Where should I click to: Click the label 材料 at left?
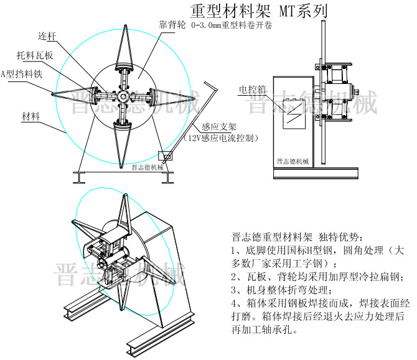coord(32,116)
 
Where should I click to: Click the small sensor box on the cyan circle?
coord(166,156)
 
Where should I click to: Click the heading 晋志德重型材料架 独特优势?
coord(295,237)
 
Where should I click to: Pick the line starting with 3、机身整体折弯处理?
coord(283,290)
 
